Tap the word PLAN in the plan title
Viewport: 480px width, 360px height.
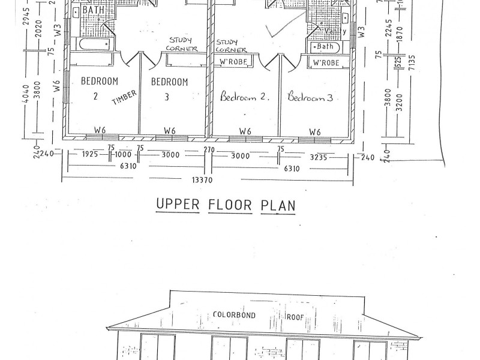[x=278, y=206]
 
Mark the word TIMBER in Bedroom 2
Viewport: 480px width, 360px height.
[x=124, y=97]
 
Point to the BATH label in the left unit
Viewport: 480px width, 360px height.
[x=92, y=11]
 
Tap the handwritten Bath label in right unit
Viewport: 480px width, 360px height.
[x=325, y=46]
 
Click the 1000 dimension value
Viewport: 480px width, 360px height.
[x=124, y=154]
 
